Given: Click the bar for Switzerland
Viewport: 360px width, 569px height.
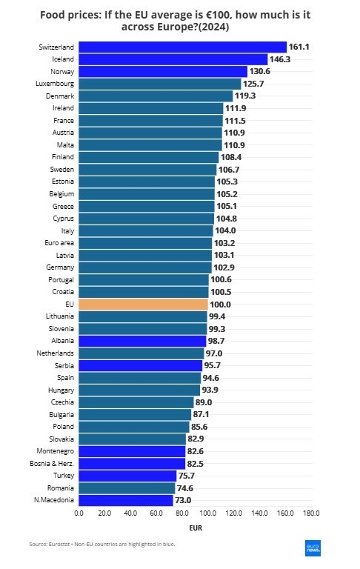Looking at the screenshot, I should coord(182,47).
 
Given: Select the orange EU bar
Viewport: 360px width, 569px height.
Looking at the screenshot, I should coord(143,305).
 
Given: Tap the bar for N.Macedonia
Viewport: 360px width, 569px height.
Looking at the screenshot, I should coord(126,501).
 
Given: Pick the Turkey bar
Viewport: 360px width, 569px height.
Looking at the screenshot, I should coord(127,476).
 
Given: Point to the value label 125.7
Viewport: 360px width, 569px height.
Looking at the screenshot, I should coord(254,84).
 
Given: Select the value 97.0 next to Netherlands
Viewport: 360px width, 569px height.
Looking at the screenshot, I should coord(214,353).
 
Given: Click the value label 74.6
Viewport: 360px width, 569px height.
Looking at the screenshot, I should coord(187,488).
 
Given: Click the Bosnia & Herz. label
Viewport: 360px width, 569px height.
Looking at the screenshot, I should coord(54,464).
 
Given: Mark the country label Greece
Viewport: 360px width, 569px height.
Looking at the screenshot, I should coord(63,206).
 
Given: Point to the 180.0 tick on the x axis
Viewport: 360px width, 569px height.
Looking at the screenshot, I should coord(311,513).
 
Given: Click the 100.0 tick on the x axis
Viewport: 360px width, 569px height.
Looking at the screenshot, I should coord(208,513).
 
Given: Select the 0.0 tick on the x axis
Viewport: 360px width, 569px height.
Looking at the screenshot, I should coord(79,513).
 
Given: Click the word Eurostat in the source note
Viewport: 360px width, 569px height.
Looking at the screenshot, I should coord(61,545).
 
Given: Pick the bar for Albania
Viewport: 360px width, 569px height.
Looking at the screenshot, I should coord(142,341).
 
